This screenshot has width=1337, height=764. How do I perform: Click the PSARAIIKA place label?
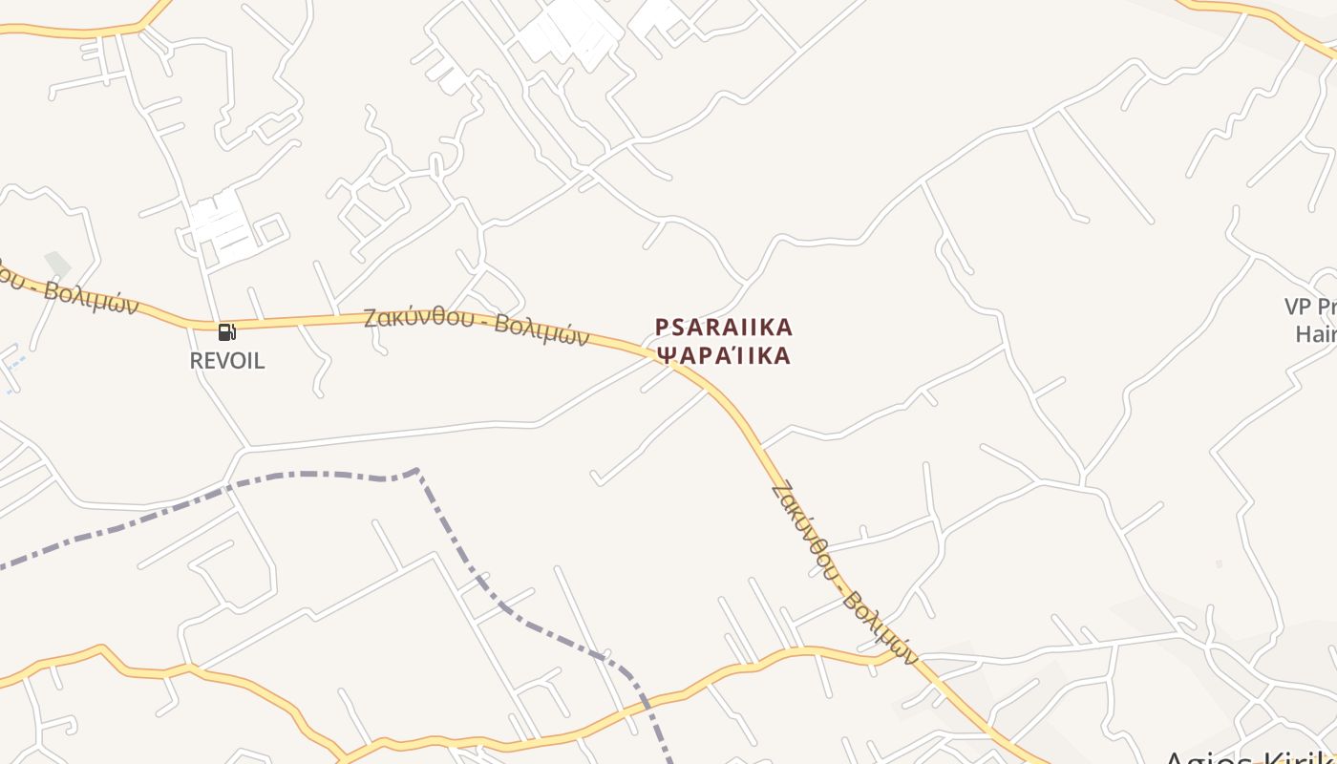724,328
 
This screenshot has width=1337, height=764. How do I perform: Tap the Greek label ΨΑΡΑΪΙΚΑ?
724,356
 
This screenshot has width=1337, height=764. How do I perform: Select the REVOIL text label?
227,361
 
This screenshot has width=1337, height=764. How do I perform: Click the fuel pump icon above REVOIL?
226,332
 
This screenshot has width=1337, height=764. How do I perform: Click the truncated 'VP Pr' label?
1310,307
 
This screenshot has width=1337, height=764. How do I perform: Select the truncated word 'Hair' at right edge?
1315,333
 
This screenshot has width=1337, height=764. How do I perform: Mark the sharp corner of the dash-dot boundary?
417,470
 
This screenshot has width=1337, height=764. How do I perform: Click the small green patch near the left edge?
57,263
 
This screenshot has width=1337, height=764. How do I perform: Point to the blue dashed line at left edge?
11,363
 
